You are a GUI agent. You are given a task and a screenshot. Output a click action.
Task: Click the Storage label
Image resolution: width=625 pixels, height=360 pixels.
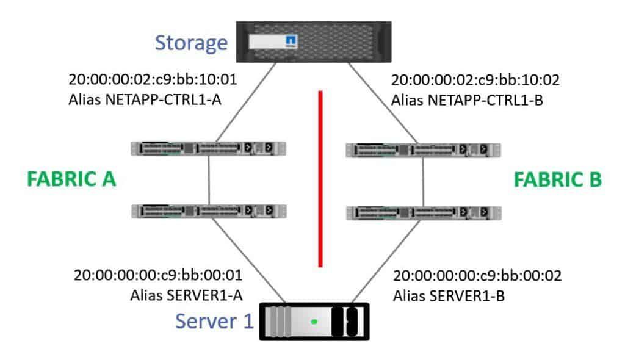(x=192, y=43)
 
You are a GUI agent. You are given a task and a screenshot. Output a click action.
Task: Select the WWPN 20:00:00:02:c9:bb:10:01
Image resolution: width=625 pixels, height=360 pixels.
(x=153, y=80)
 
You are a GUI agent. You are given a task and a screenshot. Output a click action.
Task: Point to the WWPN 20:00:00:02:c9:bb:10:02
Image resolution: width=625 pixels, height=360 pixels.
(x=475, y=80)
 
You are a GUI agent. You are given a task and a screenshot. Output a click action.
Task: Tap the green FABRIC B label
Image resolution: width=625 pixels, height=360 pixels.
(x=558, y=179)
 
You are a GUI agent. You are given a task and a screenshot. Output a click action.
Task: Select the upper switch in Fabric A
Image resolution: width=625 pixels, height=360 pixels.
(x=209, y=148)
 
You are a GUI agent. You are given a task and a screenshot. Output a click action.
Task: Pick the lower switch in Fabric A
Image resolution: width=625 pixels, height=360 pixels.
(x=209, y=211)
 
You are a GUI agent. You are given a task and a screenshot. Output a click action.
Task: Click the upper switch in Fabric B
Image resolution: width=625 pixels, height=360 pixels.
(x=423, y=150)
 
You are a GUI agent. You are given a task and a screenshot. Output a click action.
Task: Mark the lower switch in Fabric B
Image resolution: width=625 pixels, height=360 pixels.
(x=423, y=212)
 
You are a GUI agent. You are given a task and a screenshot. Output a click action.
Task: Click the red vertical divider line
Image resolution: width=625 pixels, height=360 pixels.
(x=320, y=179)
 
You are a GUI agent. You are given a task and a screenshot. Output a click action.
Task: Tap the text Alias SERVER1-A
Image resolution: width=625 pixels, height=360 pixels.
(x=187, y=295)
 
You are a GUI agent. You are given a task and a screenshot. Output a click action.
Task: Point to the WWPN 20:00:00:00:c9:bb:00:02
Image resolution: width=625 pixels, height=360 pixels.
(x=478, y=275)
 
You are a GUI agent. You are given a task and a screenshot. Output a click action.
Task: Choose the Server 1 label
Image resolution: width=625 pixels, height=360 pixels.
(x=214, y=321)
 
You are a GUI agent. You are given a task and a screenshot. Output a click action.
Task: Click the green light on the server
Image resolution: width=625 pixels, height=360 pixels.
(x=314, y=321)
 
